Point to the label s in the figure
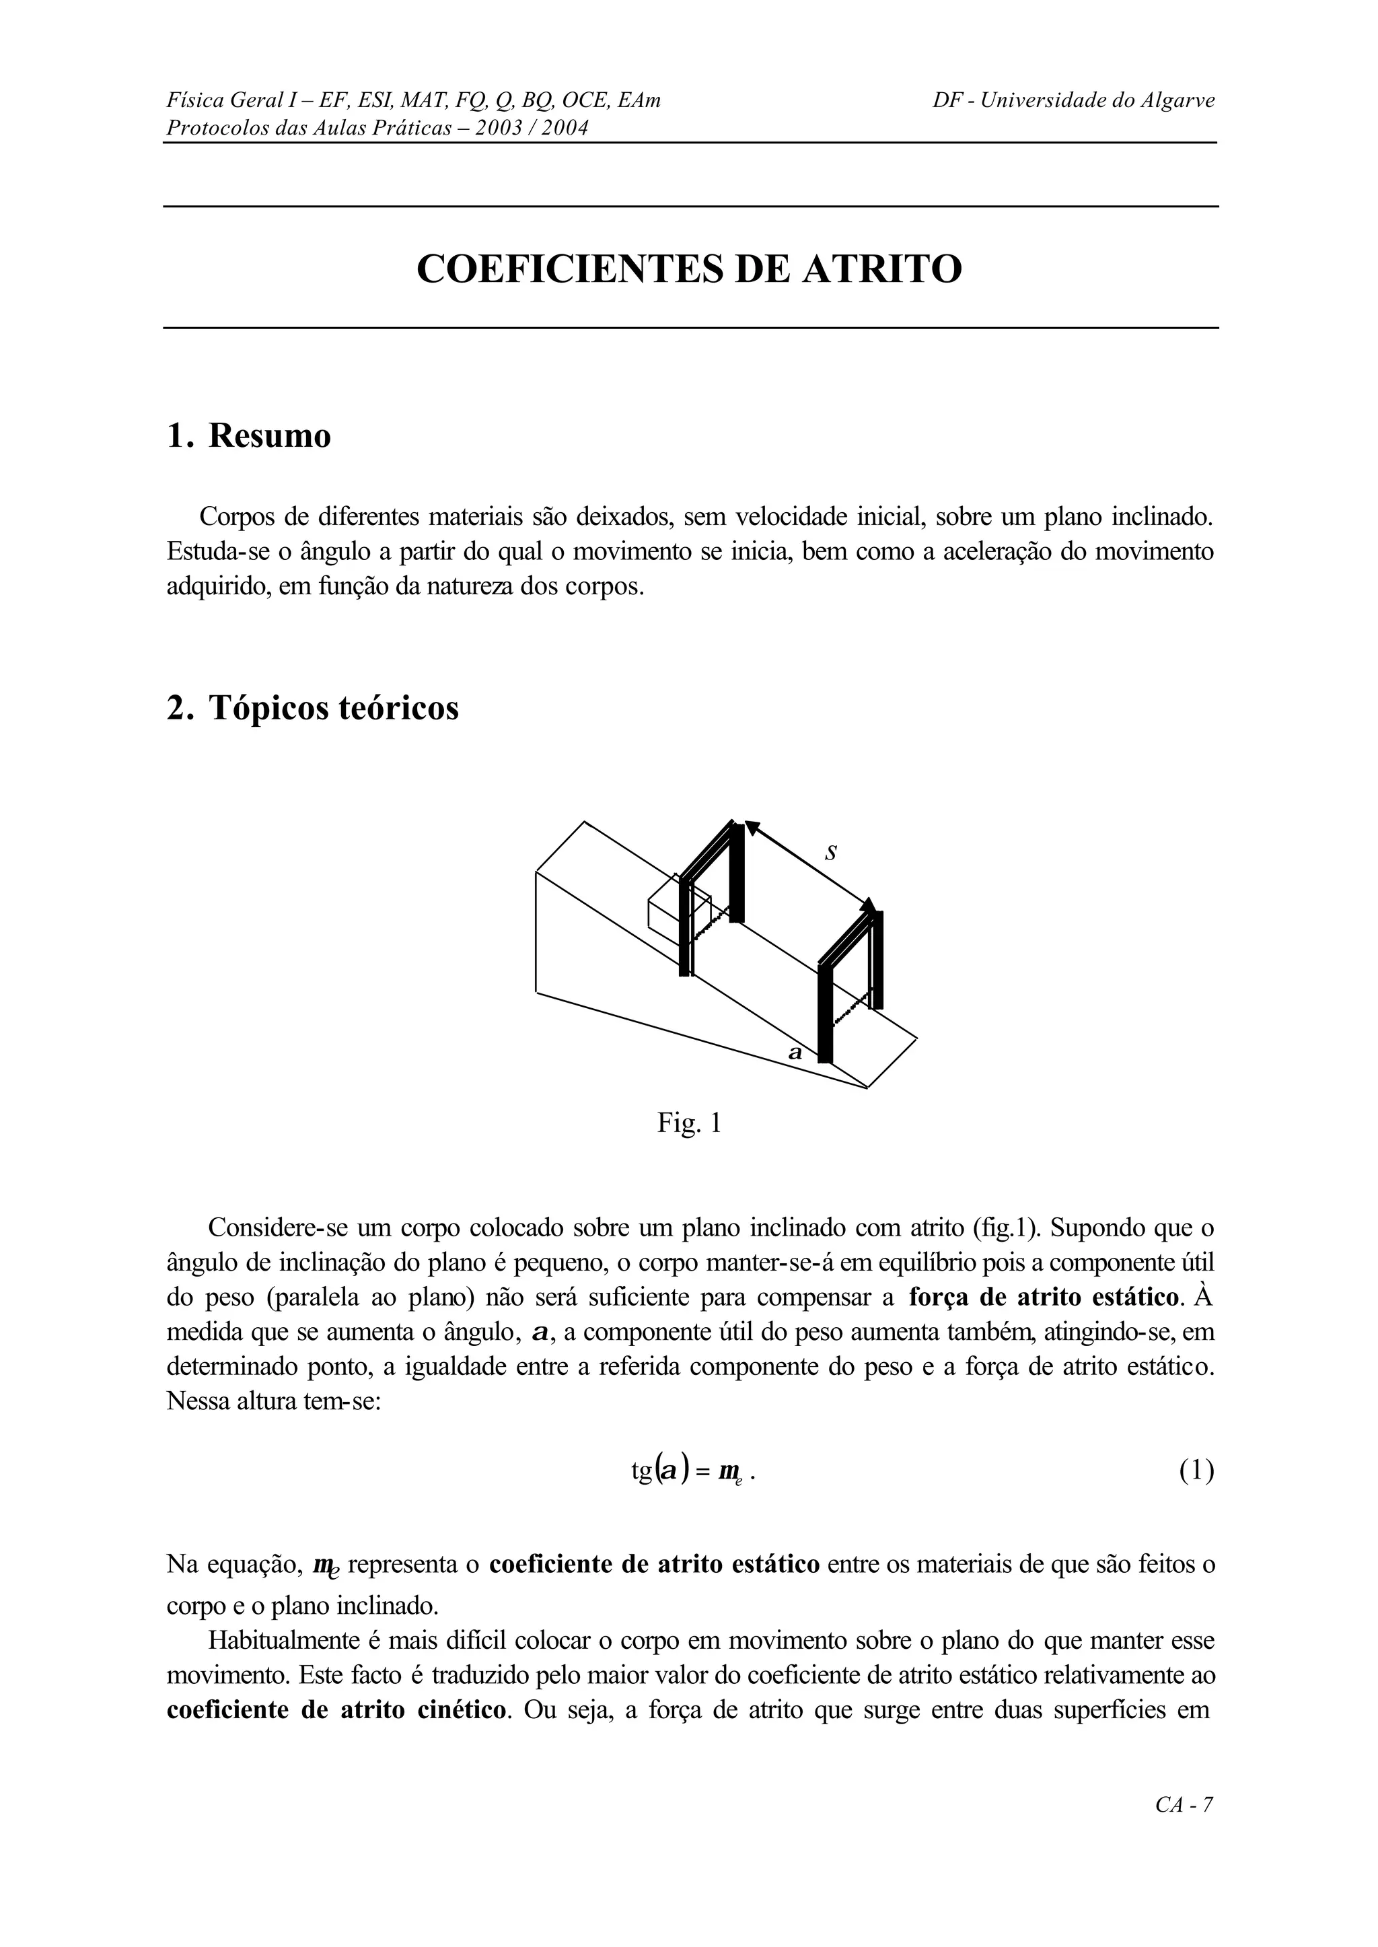coord(832,852)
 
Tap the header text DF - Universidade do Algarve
coord(1073,101)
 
